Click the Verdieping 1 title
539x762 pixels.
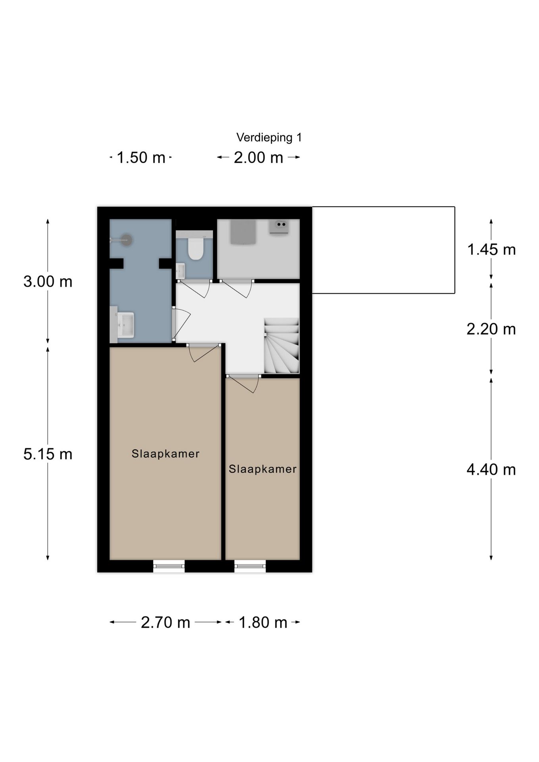click(x=269, y=138)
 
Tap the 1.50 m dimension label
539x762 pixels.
click(x=141, y=158)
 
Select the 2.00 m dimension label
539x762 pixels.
click(x=258, y=158)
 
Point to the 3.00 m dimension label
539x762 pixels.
click(x=48, y=281)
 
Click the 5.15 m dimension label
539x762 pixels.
click(x=48, y=454)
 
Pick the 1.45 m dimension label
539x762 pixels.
click(x=491, y=250)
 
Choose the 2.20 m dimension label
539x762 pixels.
click(x=491, y=329)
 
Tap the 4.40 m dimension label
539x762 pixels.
click(x=491, y=470)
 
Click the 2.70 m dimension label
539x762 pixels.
click(x=166, y=622)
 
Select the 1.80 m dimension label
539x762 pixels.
click(x=263, y=622)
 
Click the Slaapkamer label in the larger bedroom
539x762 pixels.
click(x=166, y=454)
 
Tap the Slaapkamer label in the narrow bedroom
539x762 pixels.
click(x=263, y=469)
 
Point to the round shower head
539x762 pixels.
click(x=126, y=240)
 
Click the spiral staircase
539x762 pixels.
click(x=282, y=345)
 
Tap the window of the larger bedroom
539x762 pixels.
click(x=169, y=566)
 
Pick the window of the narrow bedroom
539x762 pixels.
click(x=250, y=566)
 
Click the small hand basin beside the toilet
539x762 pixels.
click(x=181, y=271)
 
